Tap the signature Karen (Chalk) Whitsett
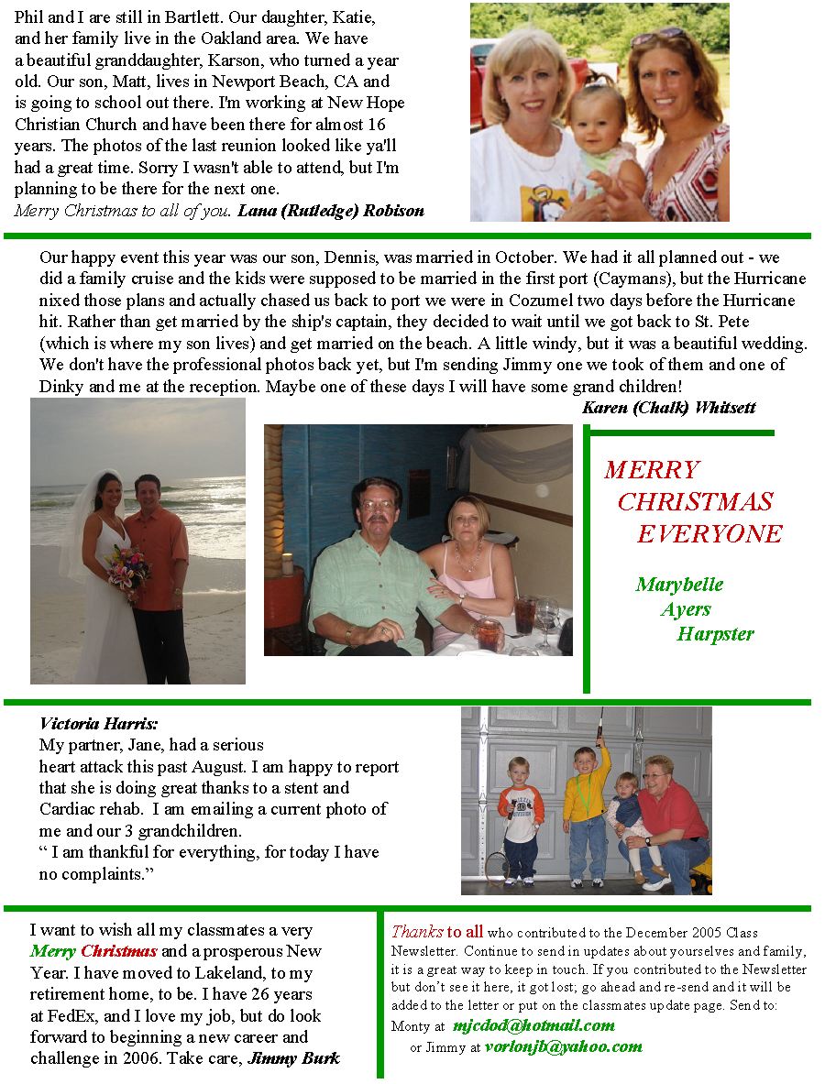tap(669, 408)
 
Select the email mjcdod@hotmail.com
tap(533, 1025)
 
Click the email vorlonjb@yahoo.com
tap(563, 1046)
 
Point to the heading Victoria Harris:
tap(99, 724)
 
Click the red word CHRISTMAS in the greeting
tap(695, 502)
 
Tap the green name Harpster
tap(715, 634)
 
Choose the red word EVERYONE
tap(709, 534)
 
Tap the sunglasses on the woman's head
tap(658, 38)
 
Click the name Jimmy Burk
tap(294, 1058)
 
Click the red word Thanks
tap(417, 932)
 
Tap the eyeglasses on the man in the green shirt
tap(378, 505)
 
